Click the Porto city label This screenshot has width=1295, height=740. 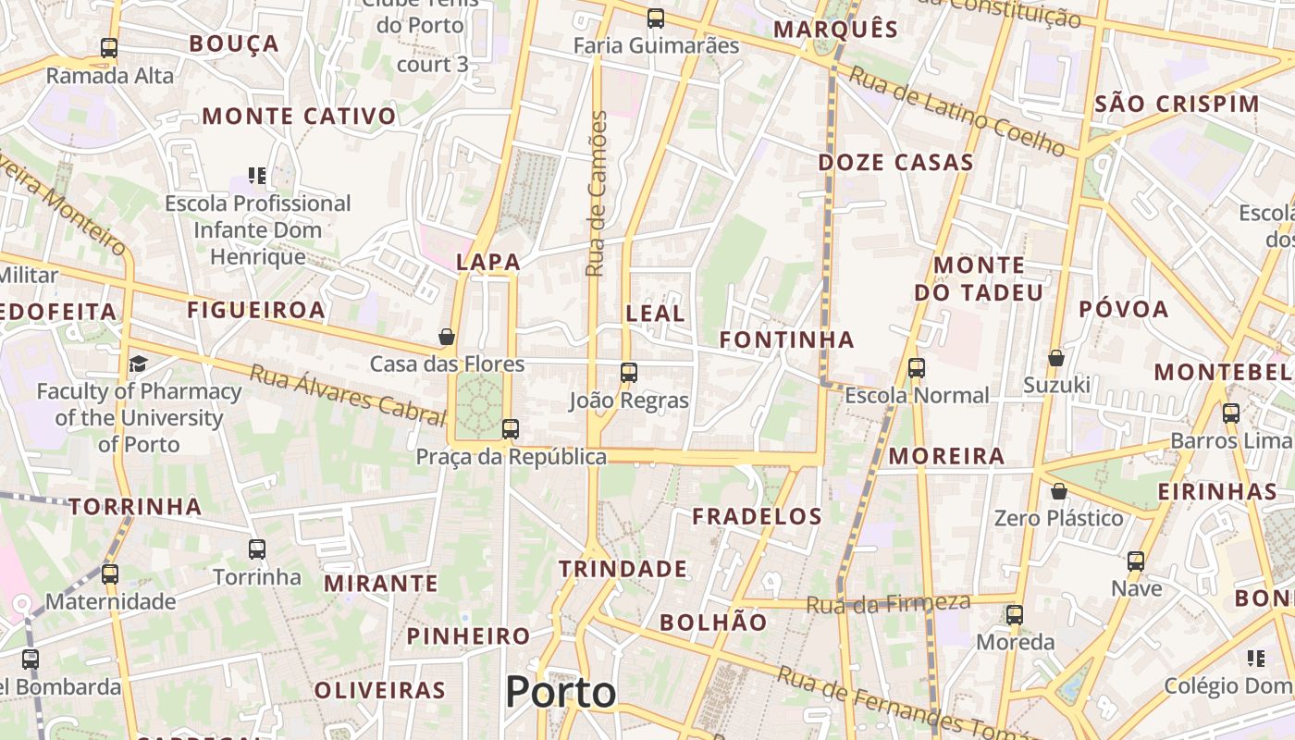click(x=561, y=692)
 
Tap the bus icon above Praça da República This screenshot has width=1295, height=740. click(x=510, y=429)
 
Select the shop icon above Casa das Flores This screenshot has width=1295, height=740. click(x=447, y=337)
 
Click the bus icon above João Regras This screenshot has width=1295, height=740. click(x=629, y=373)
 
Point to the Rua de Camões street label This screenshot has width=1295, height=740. click(x=597, y=194)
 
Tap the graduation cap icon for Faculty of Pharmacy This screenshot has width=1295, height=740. click(x=138, y=364)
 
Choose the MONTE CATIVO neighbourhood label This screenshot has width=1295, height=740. click(x=299, y=117)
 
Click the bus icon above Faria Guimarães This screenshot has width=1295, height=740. click(x=656, y=18)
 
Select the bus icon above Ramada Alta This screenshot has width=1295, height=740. click(x=109, y=48)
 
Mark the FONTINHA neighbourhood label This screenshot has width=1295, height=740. click(x=787, y=339)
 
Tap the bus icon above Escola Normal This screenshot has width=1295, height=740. click(x=917, y=368)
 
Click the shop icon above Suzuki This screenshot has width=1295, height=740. click(x=1055, y=358)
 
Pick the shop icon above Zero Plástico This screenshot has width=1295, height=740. click(x=1059, y=491)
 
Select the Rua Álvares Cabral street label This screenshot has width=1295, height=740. click(x=348, y=394)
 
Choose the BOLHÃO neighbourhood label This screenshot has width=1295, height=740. click(x=713, y=623)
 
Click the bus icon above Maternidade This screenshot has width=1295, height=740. click(x=110, y=574)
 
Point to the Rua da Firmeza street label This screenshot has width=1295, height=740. click(x=888, y=604)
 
